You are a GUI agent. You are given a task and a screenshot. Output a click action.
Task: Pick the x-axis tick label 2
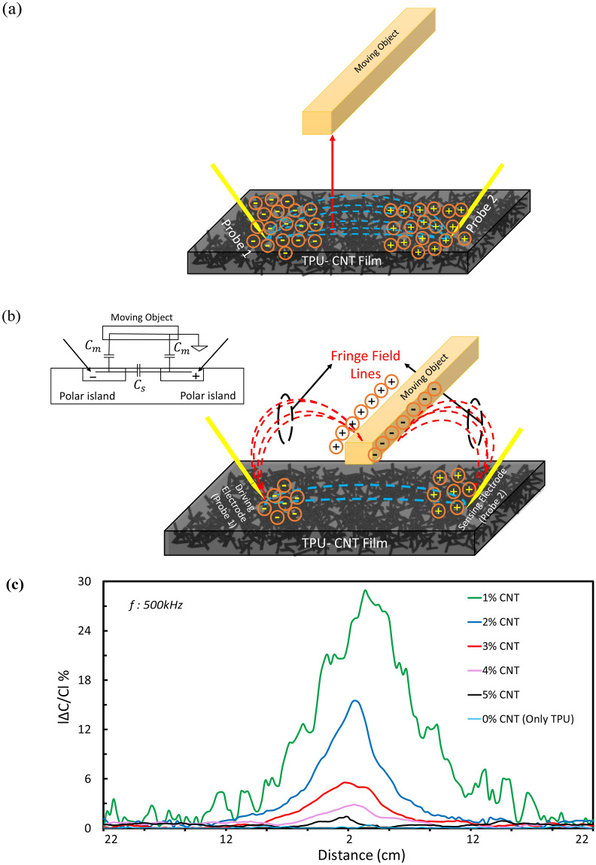pyautogui.click(x=349, y=839)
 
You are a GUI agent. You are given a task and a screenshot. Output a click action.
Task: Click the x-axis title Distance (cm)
pyautogui.click(x=348, y=855)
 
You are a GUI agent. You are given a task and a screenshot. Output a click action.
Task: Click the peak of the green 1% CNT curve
pyautogui.click(x=365, y=590)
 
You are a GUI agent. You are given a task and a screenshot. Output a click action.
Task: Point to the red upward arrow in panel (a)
pyautogui.click(x=333, y=181)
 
